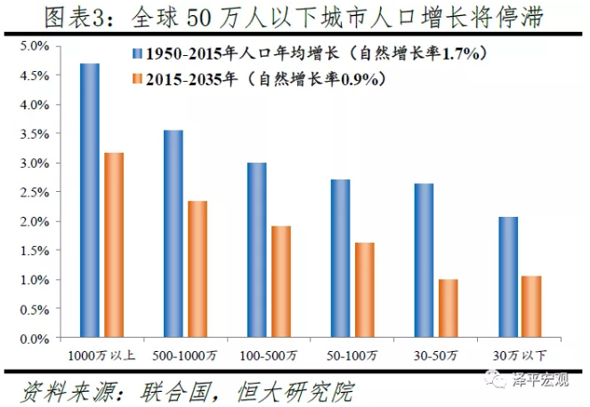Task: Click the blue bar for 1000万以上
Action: click(x=89, y=201)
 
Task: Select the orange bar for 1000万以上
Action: click(x=113, y=245)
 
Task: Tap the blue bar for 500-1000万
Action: click(x=173, y=235)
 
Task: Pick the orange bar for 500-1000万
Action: click(x=197, y=269)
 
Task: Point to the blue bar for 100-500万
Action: click(x=256, y=251)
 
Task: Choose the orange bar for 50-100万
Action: click(x=364, y=291)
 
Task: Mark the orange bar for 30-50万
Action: click(x=448, y=308)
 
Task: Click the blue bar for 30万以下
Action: click(x=507, y=277)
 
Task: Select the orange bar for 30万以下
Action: click(x=531, y=307)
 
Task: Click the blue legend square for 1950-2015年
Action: click(x=135, y=54)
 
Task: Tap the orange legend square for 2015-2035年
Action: click(x=135, y=80)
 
